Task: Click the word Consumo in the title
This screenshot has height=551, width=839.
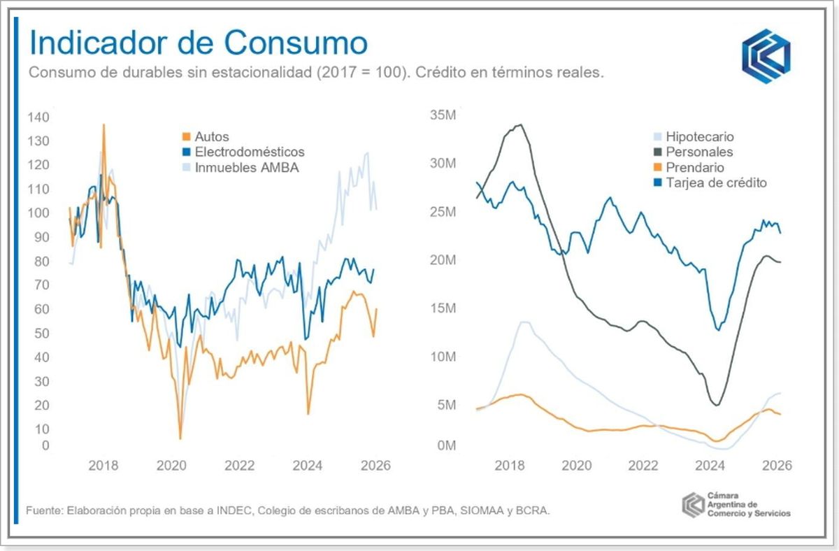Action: [297, 43]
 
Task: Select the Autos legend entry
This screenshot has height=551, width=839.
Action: [212, 137]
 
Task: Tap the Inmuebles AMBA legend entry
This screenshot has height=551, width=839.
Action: [247, 167]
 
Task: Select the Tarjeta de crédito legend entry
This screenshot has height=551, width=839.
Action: [717, 183]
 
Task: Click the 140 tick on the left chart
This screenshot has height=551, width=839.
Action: [38, 117]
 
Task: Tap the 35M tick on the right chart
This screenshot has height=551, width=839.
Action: [444, 115]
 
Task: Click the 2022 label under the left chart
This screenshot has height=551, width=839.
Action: [239, 466]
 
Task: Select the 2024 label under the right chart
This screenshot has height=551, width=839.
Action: [710, 466]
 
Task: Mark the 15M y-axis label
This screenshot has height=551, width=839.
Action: [444, 308]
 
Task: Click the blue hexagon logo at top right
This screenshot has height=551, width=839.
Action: [766, 56]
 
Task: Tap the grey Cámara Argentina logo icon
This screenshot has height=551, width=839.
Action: [692, 503]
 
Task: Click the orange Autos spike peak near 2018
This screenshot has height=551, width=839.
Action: [104, 125]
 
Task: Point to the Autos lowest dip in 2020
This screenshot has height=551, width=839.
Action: [180, 438]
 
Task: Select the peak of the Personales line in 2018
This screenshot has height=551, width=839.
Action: [519, 125]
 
